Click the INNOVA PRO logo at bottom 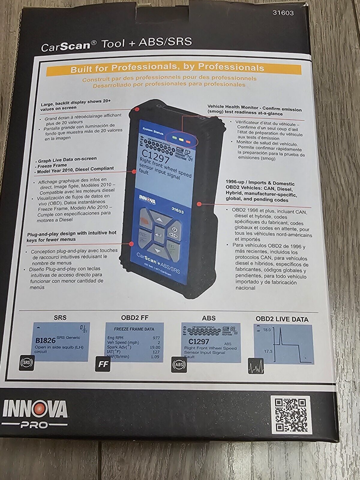tap(34, 413)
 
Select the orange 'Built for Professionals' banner tap(167, 68)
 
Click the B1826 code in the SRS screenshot tap(46, 340)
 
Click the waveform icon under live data tap(254, 368)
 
